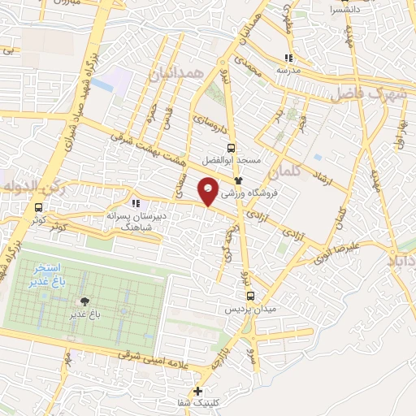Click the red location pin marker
pyautogui.click(x=209, y=193)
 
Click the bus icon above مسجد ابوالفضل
pyautogui.click(x=232, y=148)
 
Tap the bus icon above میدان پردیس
pyautogui.click(x=250, y=296)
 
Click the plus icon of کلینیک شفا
pyautogui.click(x=198, y=391)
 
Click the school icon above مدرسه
pyautogui.click(x=288, y=58)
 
